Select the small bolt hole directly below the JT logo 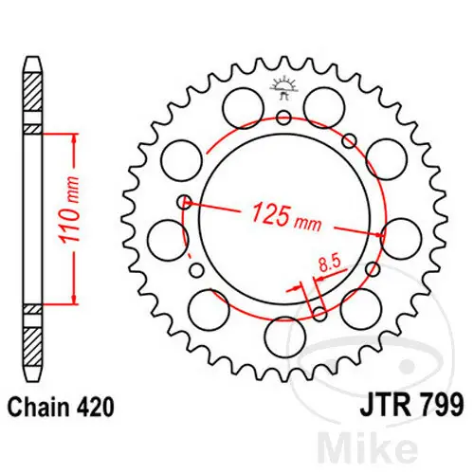[284, 118]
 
